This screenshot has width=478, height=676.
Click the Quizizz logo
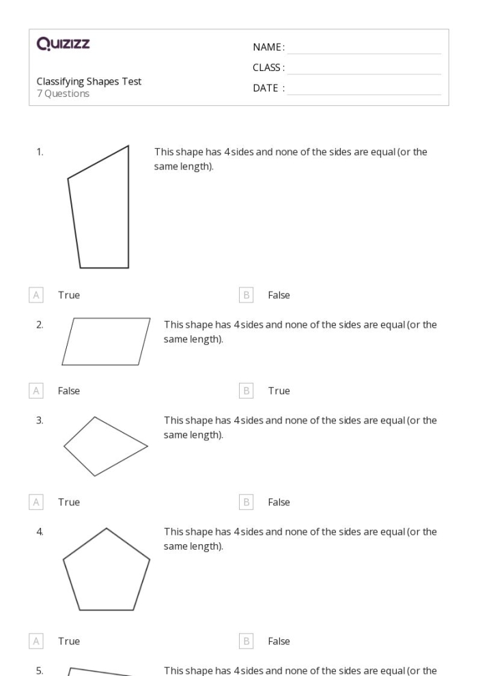coord(64,45)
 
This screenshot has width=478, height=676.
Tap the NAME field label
coord(268,47)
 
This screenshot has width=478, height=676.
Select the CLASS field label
coord(268,68)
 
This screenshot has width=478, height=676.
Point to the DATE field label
coord(268,88)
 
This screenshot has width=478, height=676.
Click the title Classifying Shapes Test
coord(89,81)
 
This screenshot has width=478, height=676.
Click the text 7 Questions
coord(63,94)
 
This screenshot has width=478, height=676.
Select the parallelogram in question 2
coord(106,341)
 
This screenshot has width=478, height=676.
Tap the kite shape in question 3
coord(105,446)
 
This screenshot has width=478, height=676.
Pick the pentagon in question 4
coord(106,570)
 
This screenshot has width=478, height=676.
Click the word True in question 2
coord(279,391)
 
